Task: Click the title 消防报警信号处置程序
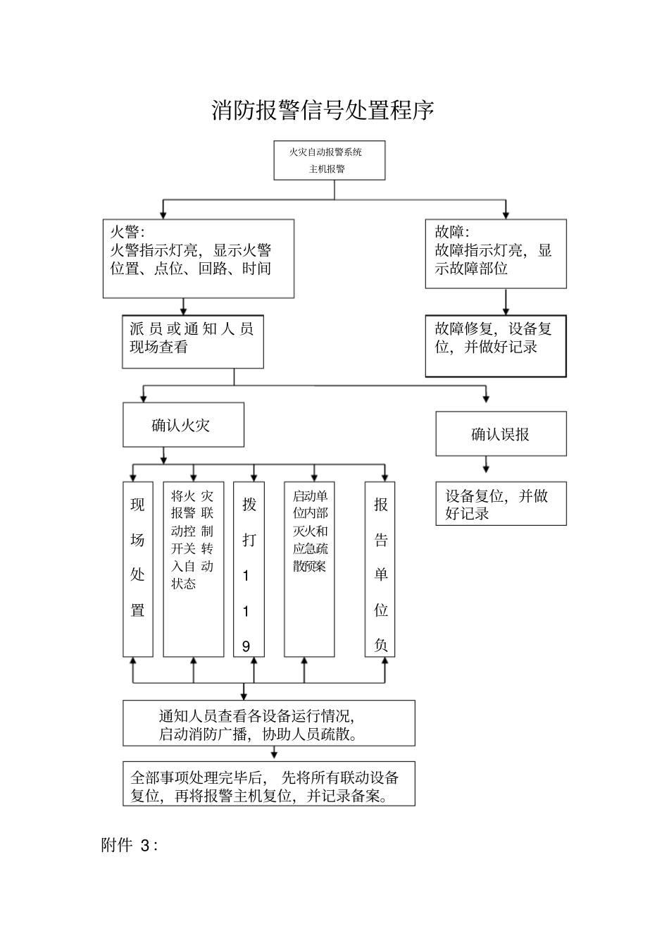pos(323,111)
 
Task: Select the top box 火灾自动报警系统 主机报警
pos(330,160)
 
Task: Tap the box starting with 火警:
pos(199,258)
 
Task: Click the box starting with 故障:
pos(495,254)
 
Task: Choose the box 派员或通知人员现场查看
pos(192,341)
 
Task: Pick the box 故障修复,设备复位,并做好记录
pos(495,345)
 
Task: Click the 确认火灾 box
pos(183,425)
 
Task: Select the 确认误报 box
pos(500,434)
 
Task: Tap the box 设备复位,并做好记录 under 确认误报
pos(500,504)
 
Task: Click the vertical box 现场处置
pos(138,570)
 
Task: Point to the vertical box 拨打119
pos(249,570)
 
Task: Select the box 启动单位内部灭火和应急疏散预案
pos(309,570)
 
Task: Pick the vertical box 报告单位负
pos(380,570)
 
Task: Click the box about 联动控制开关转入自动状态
pos(193,570)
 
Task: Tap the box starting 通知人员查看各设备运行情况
pos(269,723)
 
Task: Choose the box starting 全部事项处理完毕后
pos(269,784)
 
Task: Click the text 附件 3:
pos(130,846)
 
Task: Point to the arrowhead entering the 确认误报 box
pos(486,398)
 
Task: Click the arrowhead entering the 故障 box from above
pos(506,214)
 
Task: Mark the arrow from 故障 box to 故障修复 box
pos(506,302)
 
